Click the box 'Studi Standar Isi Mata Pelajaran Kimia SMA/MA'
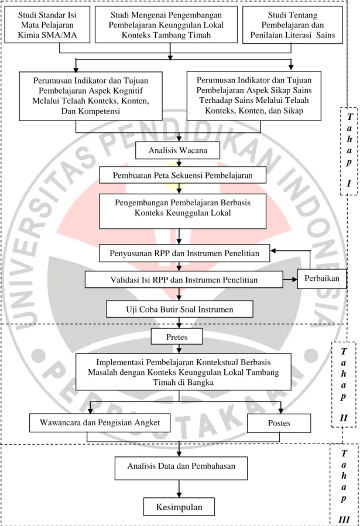(47, 25)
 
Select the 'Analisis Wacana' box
(178, 150)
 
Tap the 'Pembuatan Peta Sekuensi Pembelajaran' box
(183, 175)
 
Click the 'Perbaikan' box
(322, 279)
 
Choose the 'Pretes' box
(177, 336)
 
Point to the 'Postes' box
(279, 423)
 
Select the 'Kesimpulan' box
(179, 507)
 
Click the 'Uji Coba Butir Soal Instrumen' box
(180, 309)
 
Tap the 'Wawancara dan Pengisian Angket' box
(100, 422)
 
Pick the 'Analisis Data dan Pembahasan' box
(181, 468)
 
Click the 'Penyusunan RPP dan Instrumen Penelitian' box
(184, 253)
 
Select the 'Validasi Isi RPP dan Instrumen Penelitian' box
(184, 280)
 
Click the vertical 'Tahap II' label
(343, 384)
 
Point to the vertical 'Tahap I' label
(349, 150)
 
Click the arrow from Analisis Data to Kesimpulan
(179, 489)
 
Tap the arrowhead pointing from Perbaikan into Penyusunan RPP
(273, 250)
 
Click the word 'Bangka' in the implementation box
(201, 383)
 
